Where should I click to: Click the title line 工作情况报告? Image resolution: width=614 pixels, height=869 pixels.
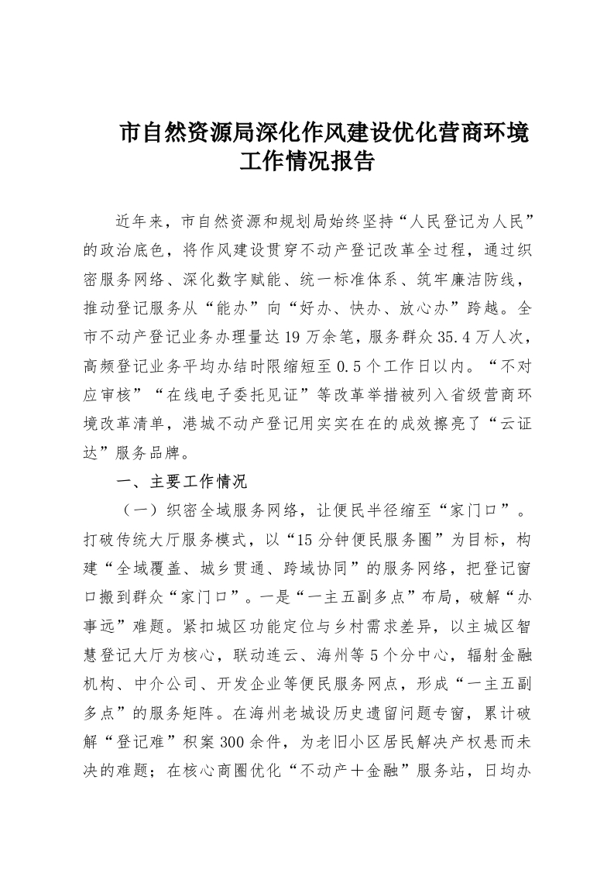pyautogui.click(x=307, y=162)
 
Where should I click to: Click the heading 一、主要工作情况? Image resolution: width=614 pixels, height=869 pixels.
pyautogui.click(x=181, y=481)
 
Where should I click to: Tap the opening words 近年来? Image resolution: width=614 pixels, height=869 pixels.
pyautogui.click(x=141, y=221)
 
